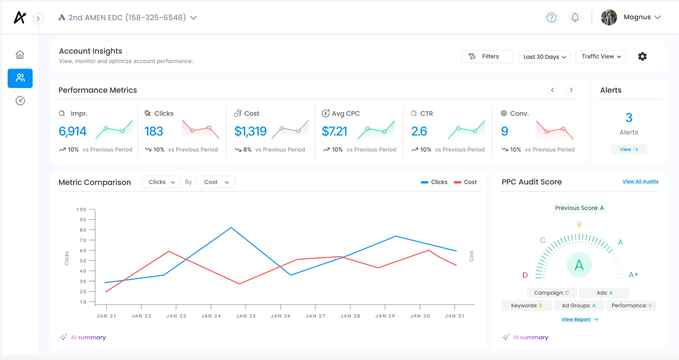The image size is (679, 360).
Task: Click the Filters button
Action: [x=487, y=56]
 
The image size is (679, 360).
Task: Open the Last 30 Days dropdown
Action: [x=544, y=57]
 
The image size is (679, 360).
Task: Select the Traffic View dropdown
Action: [x=601, y=56]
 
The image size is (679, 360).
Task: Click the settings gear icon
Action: [x=642, y=56]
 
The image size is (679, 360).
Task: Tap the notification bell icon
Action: [x=575, y=18]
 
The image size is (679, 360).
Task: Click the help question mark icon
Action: [x=552, y=18]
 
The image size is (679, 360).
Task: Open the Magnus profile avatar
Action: [x=609, y=18]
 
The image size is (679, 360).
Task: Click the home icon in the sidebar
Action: [x=20, y=55]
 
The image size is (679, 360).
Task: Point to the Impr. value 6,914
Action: [x=73, y=132]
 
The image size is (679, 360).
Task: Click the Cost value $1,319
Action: [x=250, y=132]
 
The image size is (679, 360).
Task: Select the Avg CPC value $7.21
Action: [x=335, y=132]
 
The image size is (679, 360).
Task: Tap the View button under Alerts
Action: [x=629, y=149]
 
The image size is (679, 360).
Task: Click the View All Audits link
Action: [x=640, y=182]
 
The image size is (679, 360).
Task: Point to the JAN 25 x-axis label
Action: [x=245, y=316]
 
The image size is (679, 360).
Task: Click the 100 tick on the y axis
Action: [x=81, y=209]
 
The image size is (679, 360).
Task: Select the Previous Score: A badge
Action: [x=580, y=208]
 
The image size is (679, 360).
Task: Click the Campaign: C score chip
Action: [x=552, y=293]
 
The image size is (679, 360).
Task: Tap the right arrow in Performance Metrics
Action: [x=571, y=90]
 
